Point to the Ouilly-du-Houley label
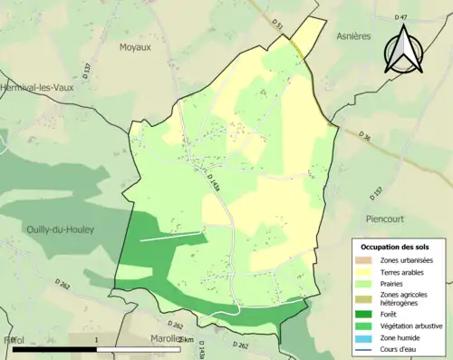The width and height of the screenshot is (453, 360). click(x=60, y=229)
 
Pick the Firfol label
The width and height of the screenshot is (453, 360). click(x=13, y=340)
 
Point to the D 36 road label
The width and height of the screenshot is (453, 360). click(x=365, y=138)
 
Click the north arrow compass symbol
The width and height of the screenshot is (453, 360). click(x=404, y=50)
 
